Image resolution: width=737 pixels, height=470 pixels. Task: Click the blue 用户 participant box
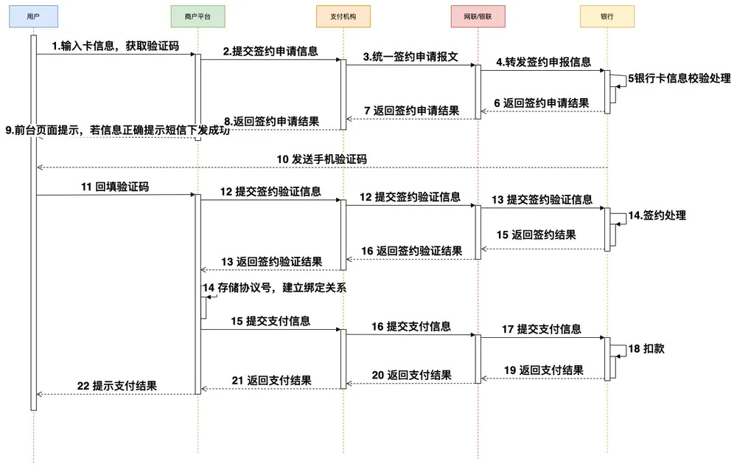[33, 16]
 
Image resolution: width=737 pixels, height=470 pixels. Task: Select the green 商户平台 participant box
[198, 16]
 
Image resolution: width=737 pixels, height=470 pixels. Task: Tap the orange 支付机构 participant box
[343, 16]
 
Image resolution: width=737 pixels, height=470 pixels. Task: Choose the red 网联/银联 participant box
[478, 16]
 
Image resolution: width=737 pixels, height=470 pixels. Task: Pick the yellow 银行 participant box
[607, 16]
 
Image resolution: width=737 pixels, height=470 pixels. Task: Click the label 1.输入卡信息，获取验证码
[116, 46]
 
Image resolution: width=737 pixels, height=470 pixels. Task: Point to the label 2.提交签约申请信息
[270, 52]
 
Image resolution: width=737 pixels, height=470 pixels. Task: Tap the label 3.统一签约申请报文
[411, 57]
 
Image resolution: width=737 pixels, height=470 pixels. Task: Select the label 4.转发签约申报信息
[543, 62]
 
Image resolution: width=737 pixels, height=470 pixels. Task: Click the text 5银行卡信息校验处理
[680, 78]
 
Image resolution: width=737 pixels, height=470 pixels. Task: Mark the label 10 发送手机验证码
[321, 159]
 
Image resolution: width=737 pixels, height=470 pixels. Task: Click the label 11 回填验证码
[115, 187]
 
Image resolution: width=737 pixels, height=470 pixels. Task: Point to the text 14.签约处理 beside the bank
[657, 215]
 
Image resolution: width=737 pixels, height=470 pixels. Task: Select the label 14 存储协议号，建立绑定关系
[274, 288]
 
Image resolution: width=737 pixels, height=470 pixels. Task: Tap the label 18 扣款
[646, 348]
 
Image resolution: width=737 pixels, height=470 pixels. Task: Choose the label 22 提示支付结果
[117, 387]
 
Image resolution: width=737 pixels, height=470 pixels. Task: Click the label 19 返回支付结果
[544, 370]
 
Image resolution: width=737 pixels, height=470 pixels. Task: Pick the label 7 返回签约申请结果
[412, 111]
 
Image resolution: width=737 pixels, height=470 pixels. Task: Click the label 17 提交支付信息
[542, 329]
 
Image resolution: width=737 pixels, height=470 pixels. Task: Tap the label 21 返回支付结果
[271, 381]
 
